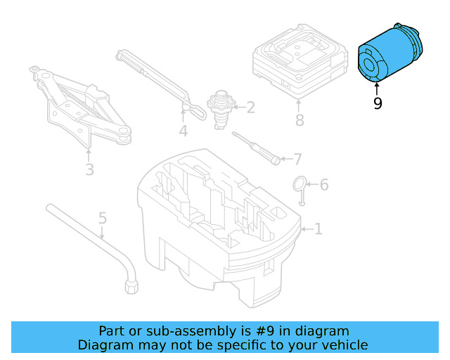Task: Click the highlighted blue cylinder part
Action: coord(391,54)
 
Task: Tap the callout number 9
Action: coord(378,104)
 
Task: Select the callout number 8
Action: coord(300,120)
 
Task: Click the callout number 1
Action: coord(318,229)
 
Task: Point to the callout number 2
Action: coord(250,108)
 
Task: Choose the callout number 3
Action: coord(89,169)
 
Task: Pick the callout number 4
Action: coord(183,131)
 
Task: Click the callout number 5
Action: coord(103,219)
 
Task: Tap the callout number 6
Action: coord(323,185)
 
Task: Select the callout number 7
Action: coord(297,159)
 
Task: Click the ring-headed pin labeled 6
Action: coord(300,187)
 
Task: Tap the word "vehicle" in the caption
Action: coord(344,345)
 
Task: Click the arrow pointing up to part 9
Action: coord(378,89)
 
